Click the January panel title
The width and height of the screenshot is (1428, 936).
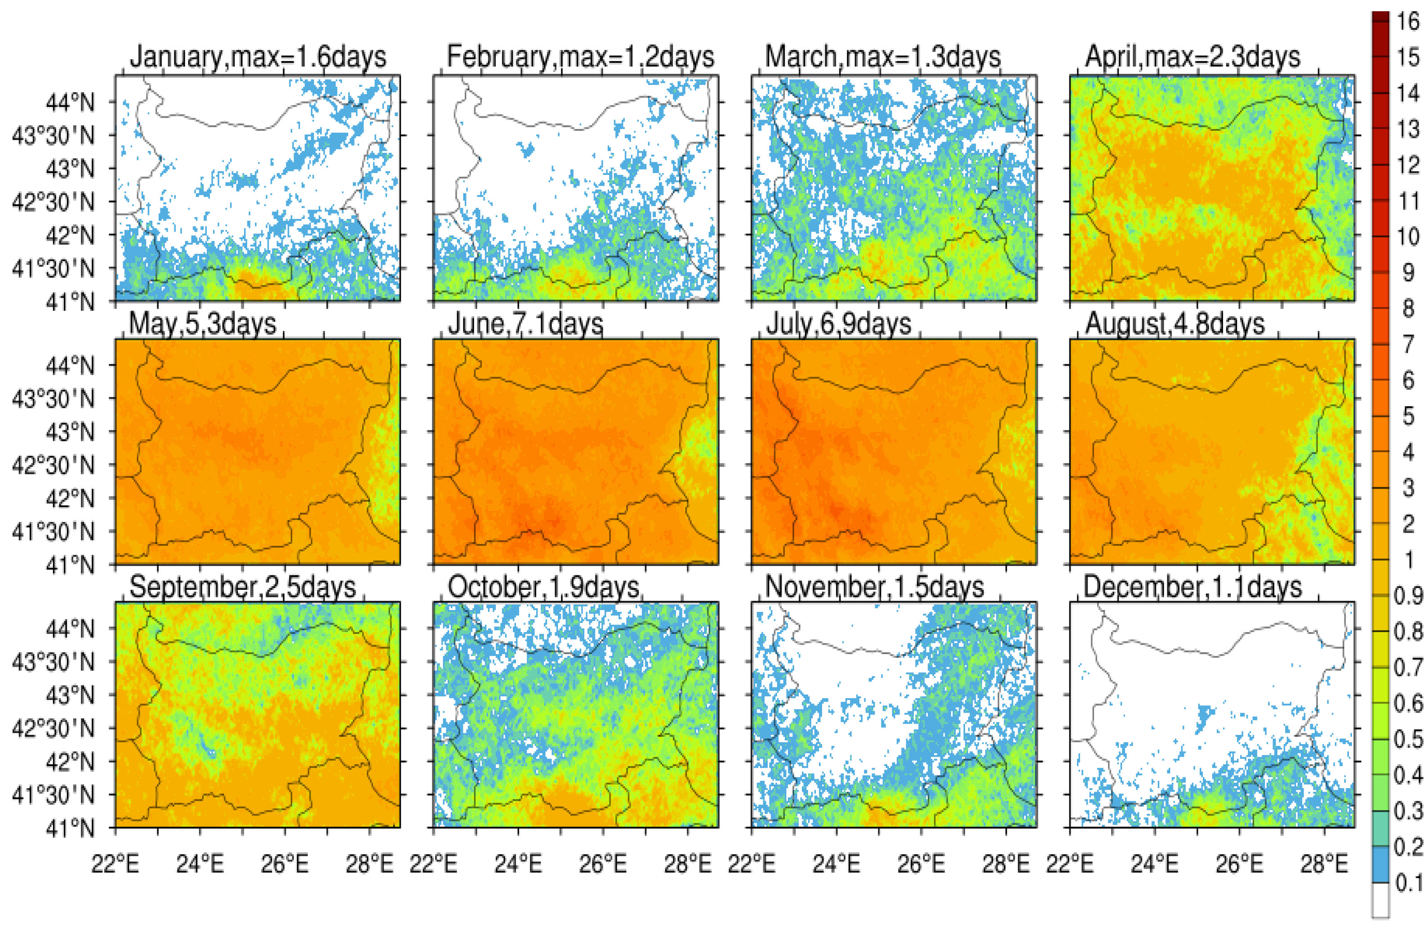pyautogui.click(x=258, y=58)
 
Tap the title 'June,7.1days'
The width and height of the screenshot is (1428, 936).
pyautogui.click(x=525, y=324)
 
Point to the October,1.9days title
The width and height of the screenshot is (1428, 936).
pyautogui.click(x=543, y=587)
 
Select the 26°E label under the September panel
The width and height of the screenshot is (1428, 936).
pyautogui.click(x=285, y=864)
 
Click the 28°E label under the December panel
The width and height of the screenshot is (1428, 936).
pyautogui.click(x=1324, y=864)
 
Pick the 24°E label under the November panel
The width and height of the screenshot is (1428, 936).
pyautogui.click(x=836, y=864)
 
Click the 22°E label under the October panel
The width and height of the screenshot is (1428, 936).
pyautogui.click(x=433, y=864)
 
